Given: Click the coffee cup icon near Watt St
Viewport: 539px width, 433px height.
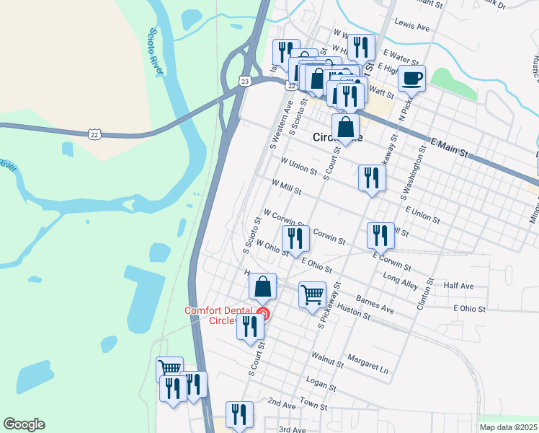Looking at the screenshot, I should click(411, 79).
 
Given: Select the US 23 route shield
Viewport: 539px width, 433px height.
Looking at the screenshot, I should click(246, 82).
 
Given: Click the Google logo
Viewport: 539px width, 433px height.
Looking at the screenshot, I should click(24, 424).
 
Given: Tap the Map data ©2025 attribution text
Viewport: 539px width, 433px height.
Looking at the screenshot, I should click(507, 427).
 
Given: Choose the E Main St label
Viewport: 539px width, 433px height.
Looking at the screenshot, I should click(448, 147).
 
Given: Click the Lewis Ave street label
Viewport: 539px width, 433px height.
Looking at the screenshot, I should click(411, 27).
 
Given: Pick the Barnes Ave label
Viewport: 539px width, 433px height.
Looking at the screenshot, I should click(378, 305).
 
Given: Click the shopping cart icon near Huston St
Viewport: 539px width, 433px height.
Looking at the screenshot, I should click(312, 294).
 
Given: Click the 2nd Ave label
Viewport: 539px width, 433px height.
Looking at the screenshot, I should click(282, 404).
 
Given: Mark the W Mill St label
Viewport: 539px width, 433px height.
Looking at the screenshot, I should click(286, 188).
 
